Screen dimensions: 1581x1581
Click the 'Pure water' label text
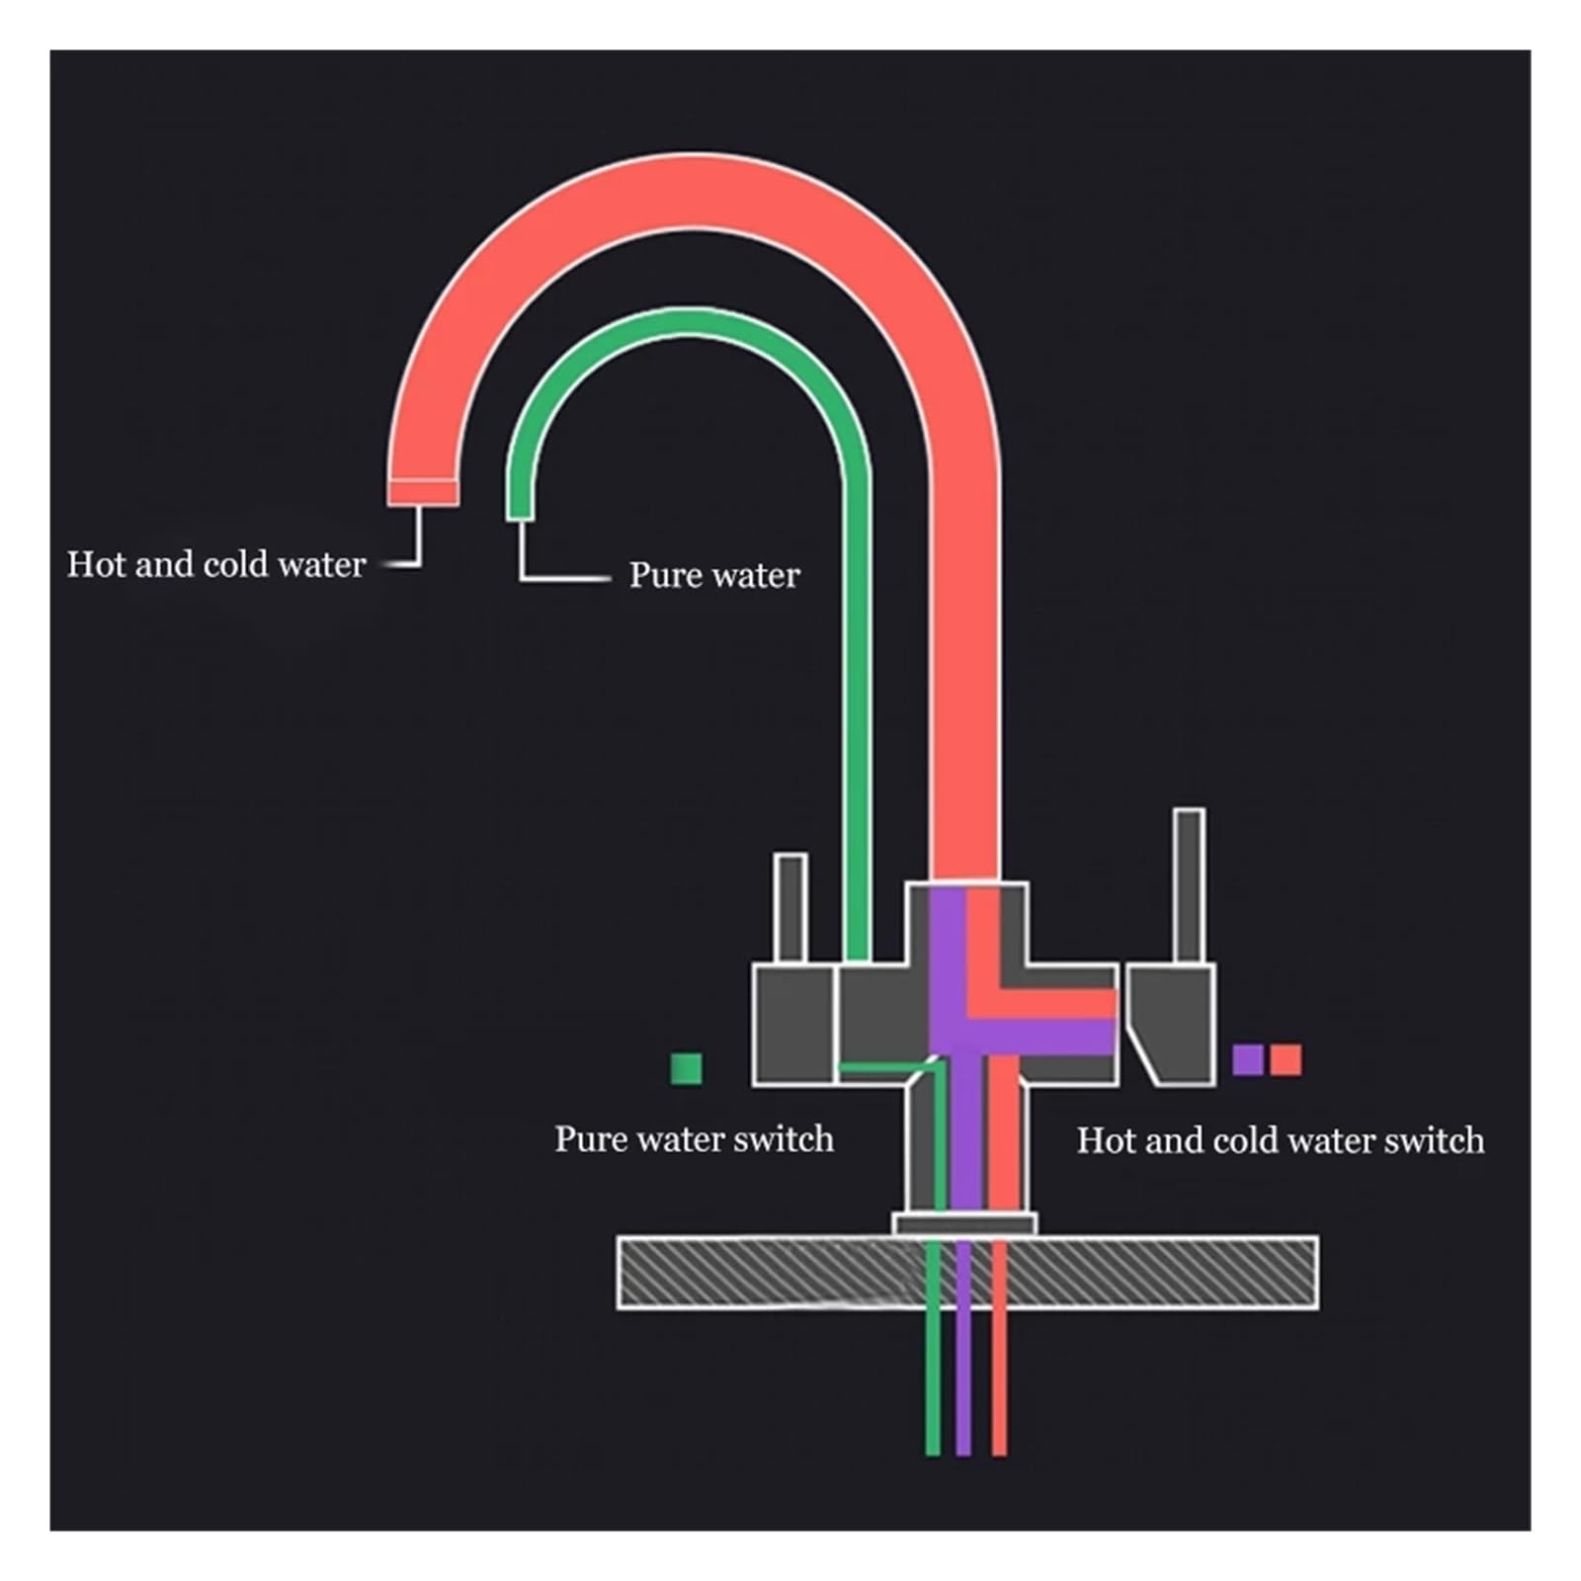[714, 575]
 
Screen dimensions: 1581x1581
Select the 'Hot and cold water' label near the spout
[216, 564]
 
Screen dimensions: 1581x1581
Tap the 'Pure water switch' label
[694, 1138]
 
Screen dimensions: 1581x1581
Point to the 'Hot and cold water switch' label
[1280, 1140]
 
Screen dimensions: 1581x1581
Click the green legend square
[687, 1068]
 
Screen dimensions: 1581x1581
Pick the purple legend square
[1248, 1059]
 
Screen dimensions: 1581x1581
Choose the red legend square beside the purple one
[1286, 1059]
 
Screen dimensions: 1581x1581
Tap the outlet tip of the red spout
[423, 492]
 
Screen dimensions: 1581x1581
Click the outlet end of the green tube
[521, 510]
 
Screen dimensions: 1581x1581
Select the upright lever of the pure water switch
[790, 908]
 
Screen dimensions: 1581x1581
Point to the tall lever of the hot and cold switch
[1189, 886]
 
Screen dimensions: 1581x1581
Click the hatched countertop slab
[967, 1272]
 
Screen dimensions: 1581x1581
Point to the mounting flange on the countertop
[964, 1224]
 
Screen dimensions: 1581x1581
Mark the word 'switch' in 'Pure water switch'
[786, 1138]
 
